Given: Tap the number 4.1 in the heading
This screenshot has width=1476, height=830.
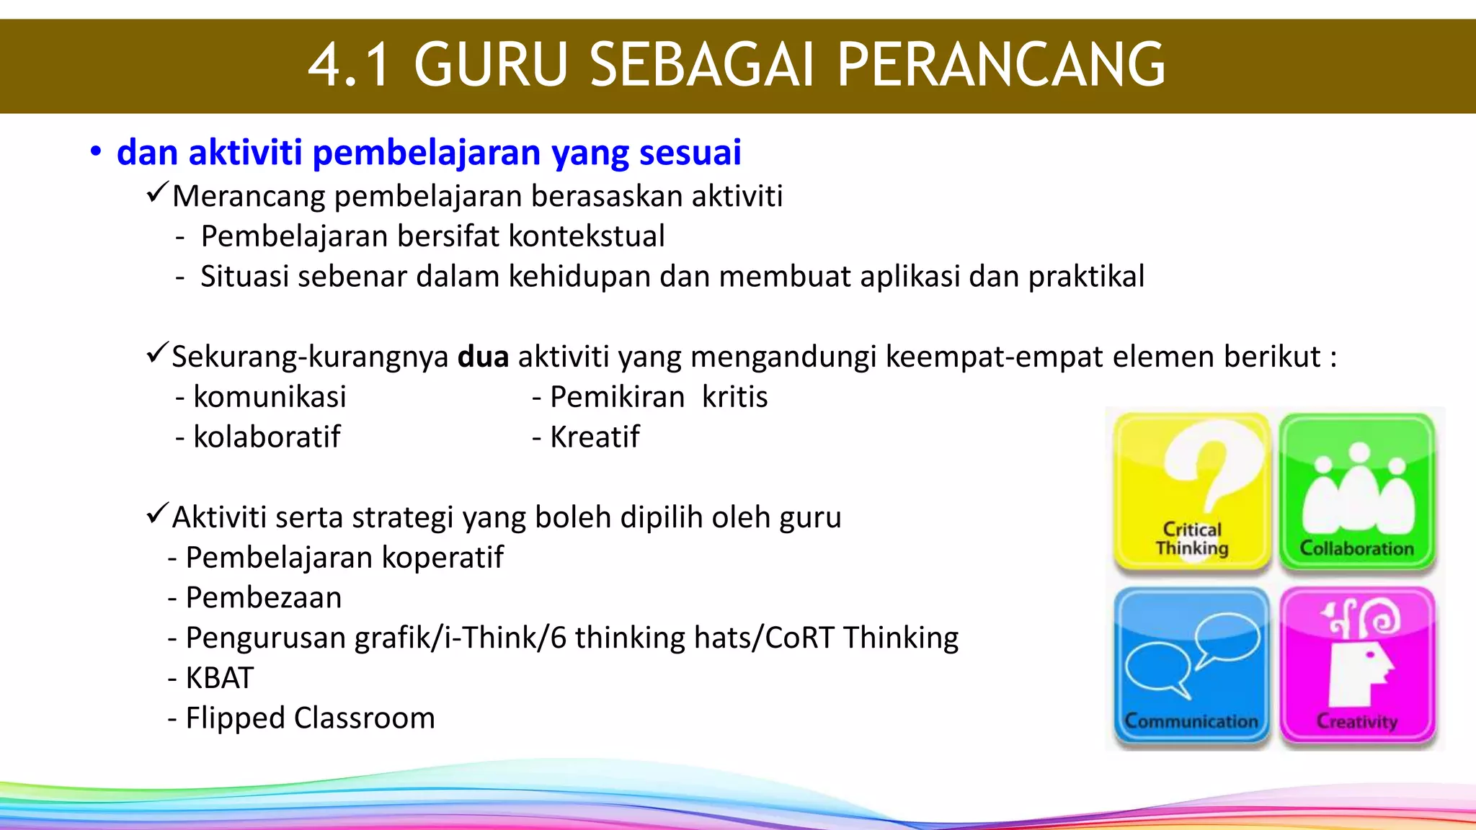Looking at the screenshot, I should (x=350, y=65).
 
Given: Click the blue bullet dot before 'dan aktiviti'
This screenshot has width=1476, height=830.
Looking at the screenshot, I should (x=95, y=152).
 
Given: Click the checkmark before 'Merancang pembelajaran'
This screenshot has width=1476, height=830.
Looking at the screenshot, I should (x=157, y=193).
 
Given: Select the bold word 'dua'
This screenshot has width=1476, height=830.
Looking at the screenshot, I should (x=483, y=357).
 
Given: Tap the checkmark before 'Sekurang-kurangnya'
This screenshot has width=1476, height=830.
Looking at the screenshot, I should (x=157, y=354).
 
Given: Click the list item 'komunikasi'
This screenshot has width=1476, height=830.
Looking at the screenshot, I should (x=270, y=397).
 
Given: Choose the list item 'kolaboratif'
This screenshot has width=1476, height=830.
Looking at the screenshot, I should (x=267, y=437).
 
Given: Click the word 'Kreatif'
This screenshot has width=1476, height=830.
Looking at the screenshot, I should (x=595, y=437).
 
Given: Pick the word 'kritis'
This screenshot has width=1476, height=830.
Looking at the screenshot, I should (x=734, y=397).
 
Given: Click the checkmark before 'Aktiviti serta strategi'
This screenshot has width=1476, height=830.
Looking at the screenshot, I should (x=157, y=514).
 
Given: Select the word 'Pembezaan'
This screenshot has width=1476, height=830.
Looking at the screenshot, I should (x=264, y=598).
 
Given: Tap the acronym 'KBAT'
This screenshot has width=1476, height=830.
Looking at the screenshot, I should (x=220, y=678).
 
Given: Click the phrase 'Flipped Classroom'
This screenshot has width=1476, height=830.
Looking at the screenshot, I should (x=310, y=718).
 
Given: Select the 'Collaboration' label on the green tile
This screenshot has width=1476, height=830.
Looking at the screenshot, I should (x=1356, y=548).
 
